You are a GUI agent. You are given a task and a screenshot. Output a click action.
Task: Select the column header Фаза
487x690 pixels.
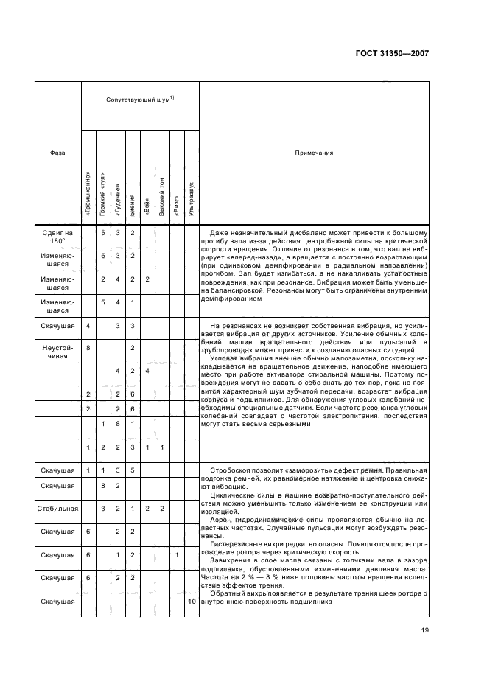click(x=57, y=153)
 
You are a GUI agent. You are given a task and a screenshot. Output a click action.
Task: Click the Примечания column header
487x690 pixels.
click(x=314, y=153)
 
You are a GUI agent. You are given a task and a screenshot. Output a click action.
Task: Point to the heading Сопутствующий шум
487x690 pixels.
click(x=139, y=99)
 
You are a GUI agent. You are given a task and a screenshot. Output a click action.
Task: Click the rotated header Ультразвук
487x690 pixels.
click(x=192, y=198)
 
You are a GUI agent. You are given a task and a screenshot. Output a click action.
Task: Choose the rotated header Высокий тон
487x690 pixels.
click(x=162, y=197)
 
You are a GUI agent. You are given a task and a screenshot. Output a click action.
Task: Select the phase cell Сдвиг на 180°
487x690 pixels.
click(x=57, y=237)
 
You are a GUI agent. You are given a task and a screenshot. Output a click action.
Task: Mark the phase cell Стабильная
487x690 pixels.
click(x=57, y=509)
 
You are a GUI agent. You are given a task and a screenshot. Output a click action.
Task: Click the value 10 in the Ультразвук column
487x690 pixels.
click(x=192, y=602)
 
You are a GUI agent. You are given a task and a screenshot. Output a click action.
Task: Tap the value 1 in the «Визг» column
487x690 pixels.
click(x=177, y=555)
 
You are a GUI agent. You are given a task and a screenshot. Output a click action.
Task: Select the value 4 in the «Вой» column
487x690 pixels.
click(x=147, y=370)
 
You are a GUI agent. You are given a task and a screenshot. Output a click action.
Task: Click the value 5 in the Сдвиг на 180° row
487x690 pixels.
click(x=103, y=233)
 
